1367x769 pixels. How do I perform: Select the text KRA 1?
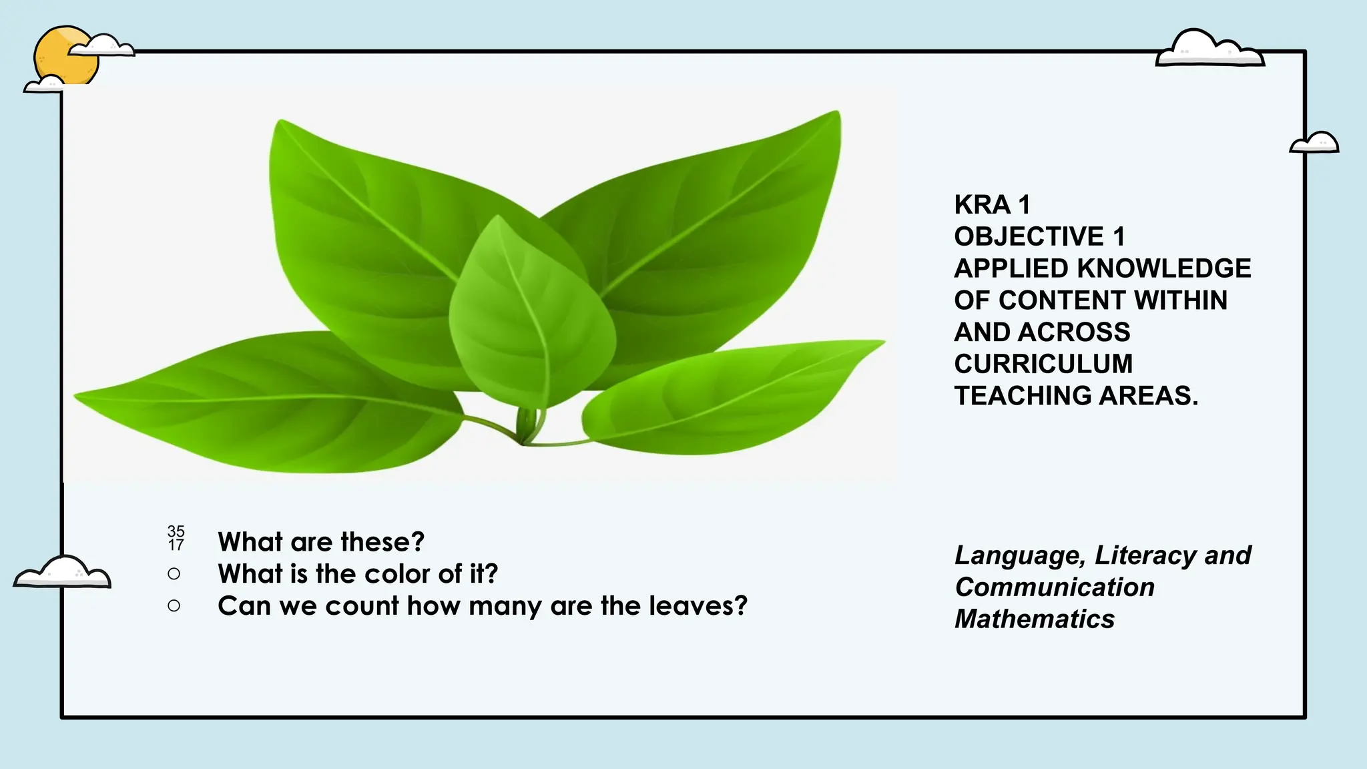992,204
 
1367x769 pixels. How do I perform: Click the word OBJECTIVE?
1029,236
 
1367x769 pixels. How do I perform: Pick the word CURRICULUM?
1043,364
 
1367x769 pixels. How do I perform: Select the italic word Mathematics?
1034,619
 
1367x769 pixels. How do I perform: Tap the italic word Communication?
1055,587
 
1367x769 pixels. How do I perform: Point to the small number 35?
176,531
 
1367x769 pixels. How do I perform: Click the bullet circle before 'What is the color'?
174,573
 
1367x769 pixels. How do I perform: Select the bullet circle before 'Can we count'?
174,605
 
